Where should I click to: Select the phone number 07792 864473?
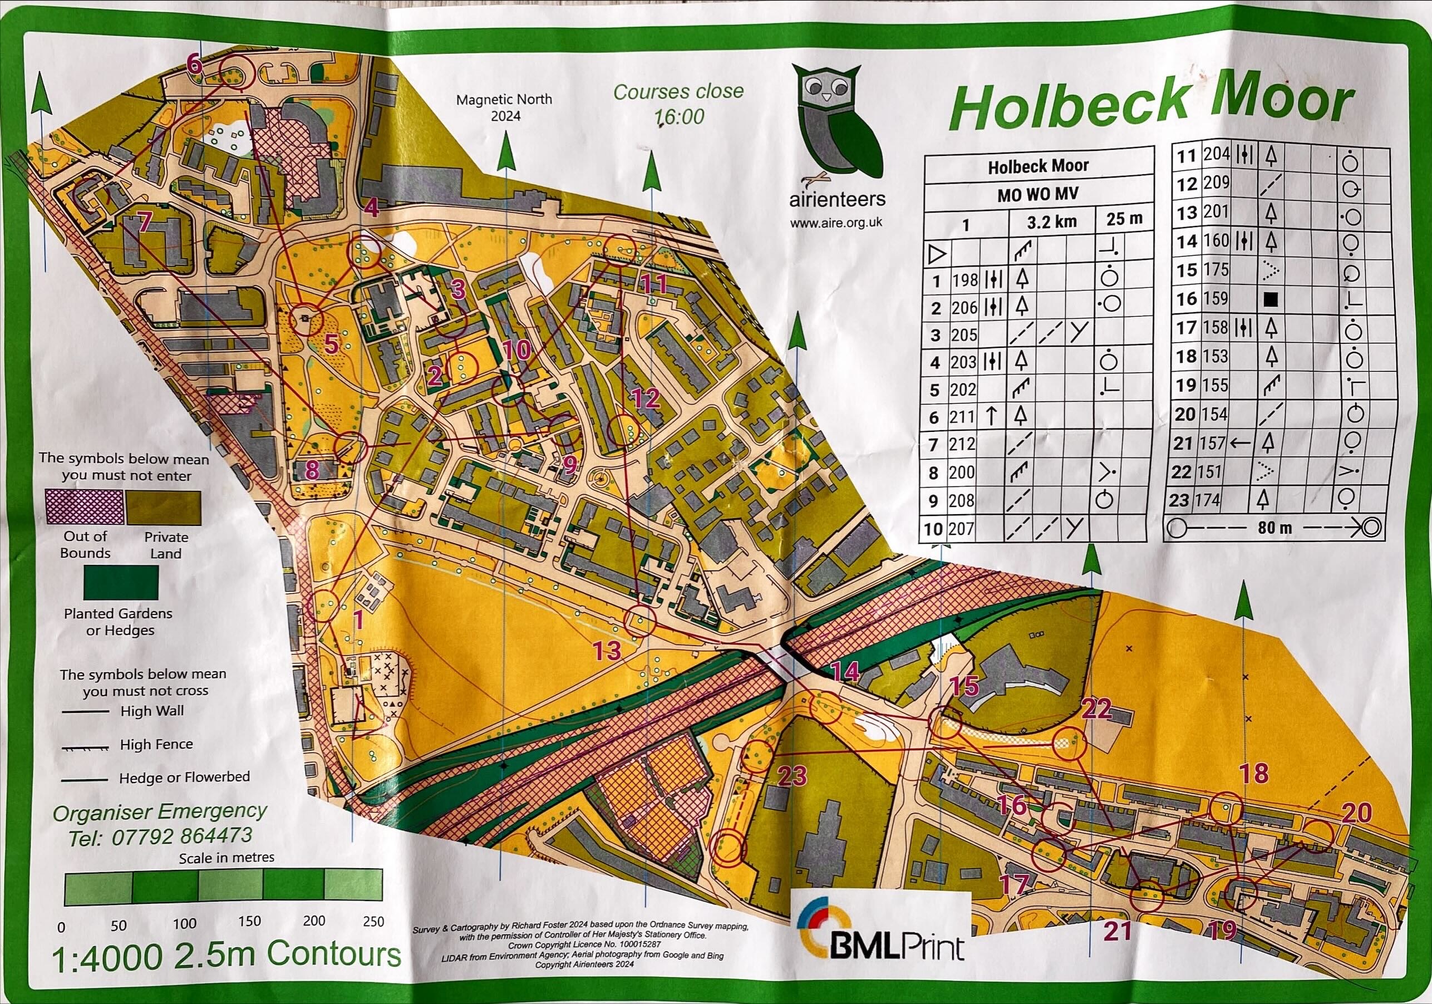(x=181, y=835)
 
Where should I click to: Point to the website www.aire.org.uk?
(x=836, y=222)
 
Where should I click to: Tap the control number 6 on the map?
(x=195, y=64)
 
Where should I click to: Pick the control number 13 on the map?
(x=607, y=651)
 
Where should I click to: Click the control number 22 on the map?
(x=1096, y=709)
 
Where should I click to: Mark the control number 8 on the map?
(x=312, y=470)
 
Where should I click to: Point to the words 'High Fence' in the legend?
(x=156, y=744)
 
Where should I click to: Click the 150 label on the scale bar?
(x=249, y=922)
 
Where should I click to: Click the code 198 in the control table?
(x=965, y=280)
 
